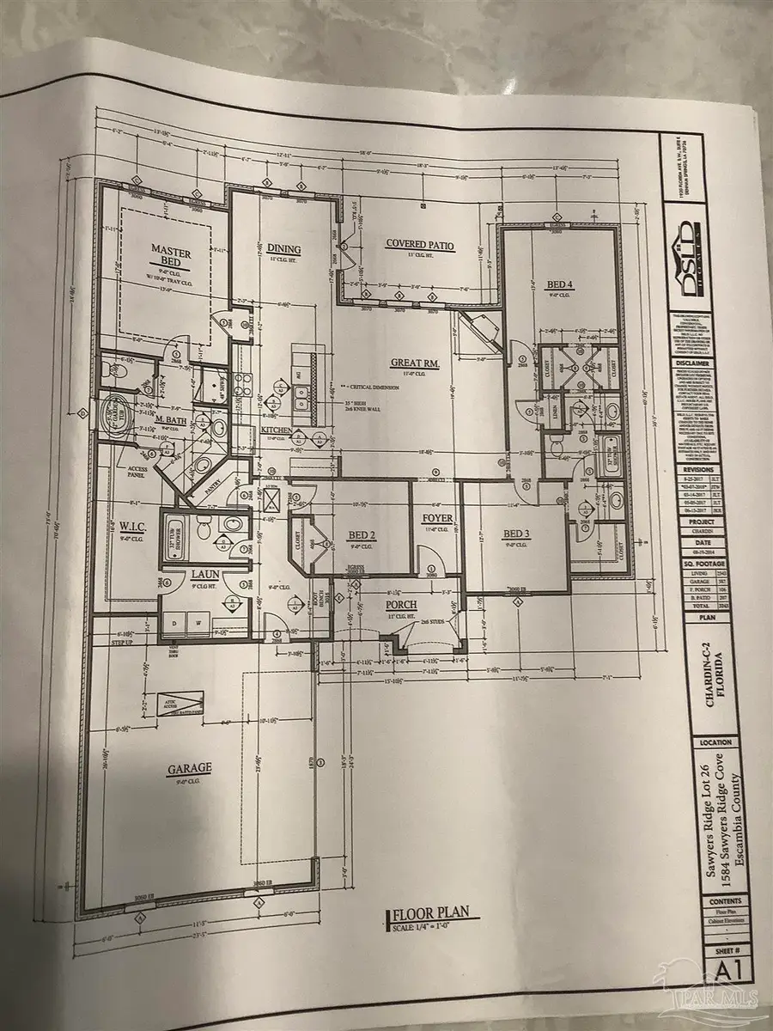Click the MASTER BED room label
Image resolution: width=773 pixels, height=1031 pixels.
tap(171, 256)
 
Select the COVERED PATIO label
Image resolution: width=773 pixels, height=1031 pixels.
tap(419, 246)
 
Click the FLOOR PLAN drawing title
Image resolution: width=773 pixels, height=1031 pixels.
tap(432, 916)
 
